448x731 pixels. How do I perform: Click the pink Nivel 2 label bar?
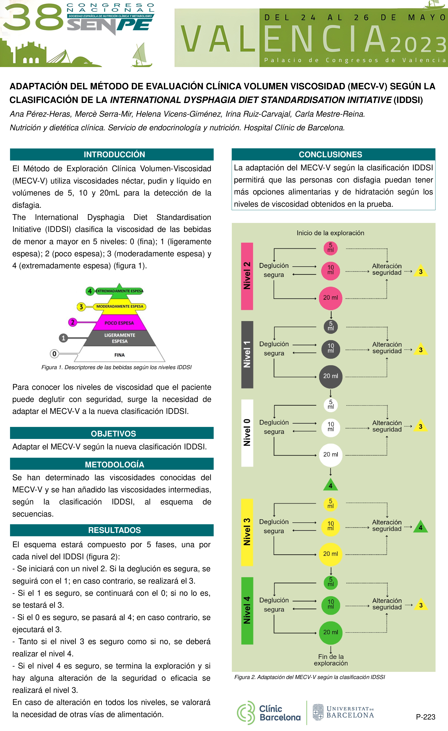click(247, 276)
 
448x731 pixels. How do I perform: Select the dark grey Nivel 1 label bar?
click(247, 355)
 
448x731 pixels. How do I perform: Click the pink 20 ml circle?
click(330, 298)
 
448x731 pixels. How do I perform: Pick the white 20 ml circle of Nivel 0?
click(330, 455)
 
